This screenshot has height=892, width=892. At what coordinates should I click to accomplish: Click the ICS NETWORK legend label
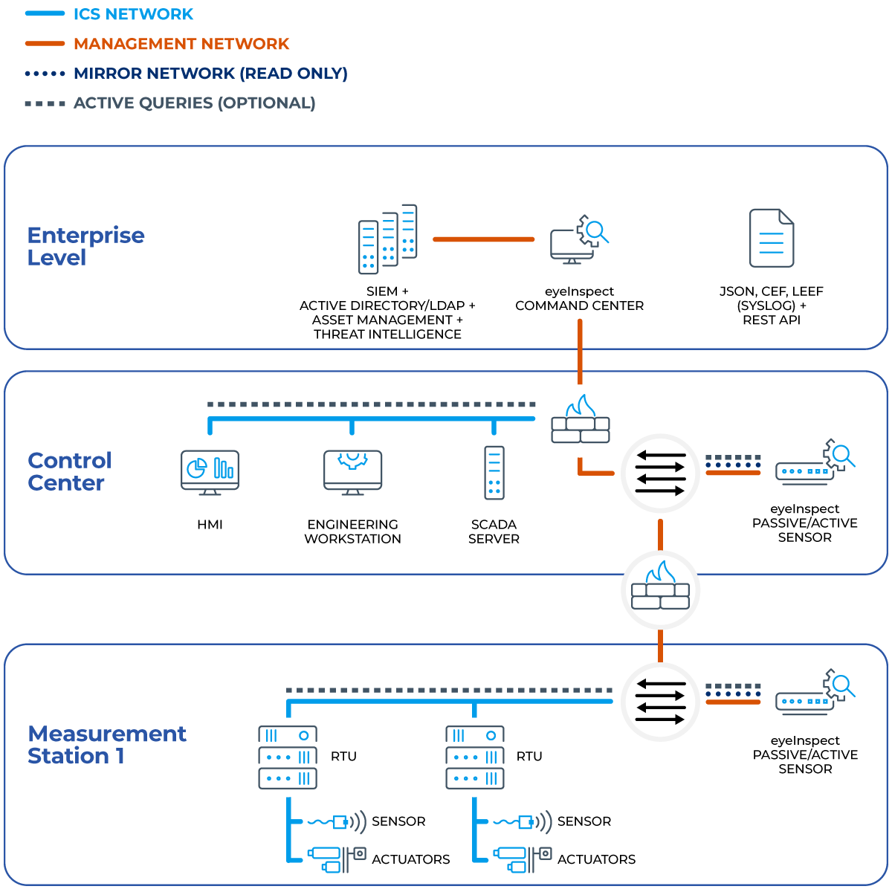133,14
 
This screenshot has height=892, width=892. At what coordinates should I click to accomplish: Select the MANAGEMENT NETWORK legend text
181,44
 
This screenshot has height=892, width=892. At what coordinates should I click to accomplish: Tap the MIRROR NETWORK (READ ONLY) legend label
210,74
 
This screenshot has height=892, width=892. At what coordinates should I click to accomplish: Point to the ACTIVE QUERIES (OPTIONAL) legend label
194,103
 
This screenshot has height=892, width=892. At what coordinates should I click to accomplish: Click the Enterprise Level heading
85,246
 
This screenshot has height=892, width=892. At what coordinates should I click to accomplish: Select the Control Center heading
69,471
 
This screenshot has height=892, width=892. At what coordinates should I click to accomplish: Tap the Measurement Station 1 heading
106,745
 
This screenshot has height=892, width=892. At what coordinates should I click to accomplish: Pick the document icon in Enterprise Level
772,238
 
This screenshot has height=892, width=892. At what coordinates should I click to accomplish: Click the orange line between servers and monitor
483,239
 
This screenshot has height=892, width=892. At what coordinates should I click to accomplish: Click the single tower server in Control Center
494,472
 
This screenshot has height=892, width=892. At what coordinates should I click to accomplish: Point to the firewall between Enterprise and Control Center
580,421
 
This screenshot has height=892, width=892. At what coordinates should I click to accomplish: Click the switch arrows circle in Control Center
660,473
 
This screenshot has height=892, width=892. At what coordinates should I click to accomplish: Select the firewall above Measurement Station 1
660,589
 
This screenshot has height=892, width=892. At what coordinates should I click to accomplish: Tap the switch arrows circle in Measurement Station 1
660,702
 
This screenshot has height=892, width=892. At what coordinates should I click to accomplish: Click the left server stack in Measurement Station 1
288,757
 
